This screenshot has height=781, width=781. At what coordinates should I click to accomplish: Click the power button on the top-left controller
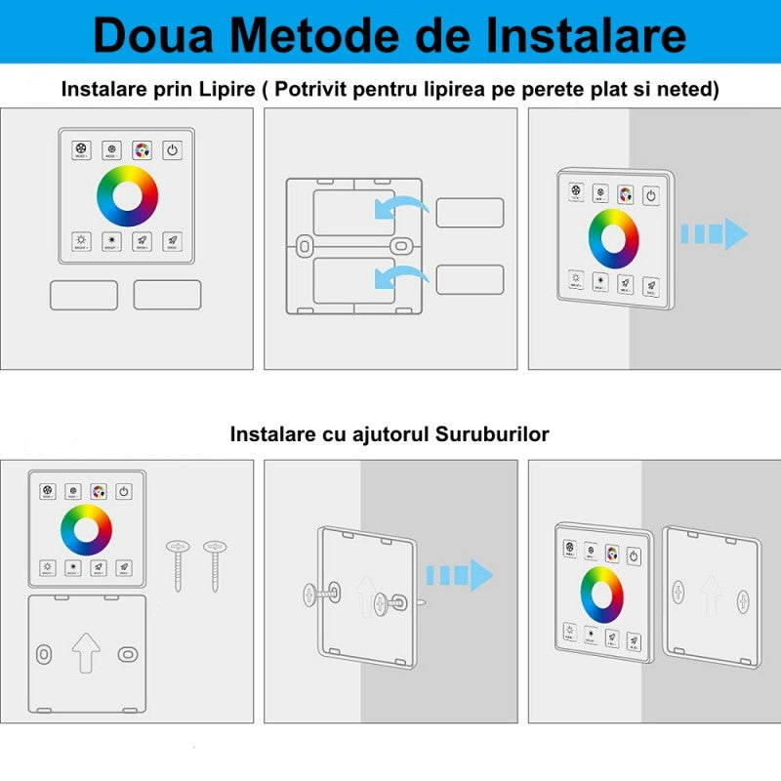tap(172, 149)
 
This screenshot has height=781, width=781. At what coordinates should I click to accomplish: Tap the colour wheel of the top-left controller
tap(127, 195)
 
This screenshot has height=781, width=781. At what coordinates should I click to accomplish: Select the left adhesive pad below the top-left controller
tap(84, 296)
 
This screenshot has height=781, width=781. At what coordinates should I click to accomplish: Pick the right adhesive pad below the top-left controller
tap(167, 296)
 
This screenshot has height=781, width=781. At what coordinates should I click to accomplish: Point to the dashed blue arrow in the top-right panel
tap(714, 233)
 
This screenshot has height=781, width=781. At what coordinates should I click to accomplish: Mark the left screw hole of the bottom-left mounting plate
tap(44, 652)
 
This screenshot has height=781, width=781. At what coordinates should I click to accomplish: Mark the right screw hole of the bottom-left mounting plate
tap(127, 652)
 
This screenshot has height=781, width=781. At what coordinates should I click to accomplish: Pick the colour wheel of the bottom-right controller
tap(602, 594)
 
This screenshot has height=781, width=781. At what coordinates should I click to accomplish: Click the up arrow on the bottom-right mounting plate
tap(710, 592)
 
